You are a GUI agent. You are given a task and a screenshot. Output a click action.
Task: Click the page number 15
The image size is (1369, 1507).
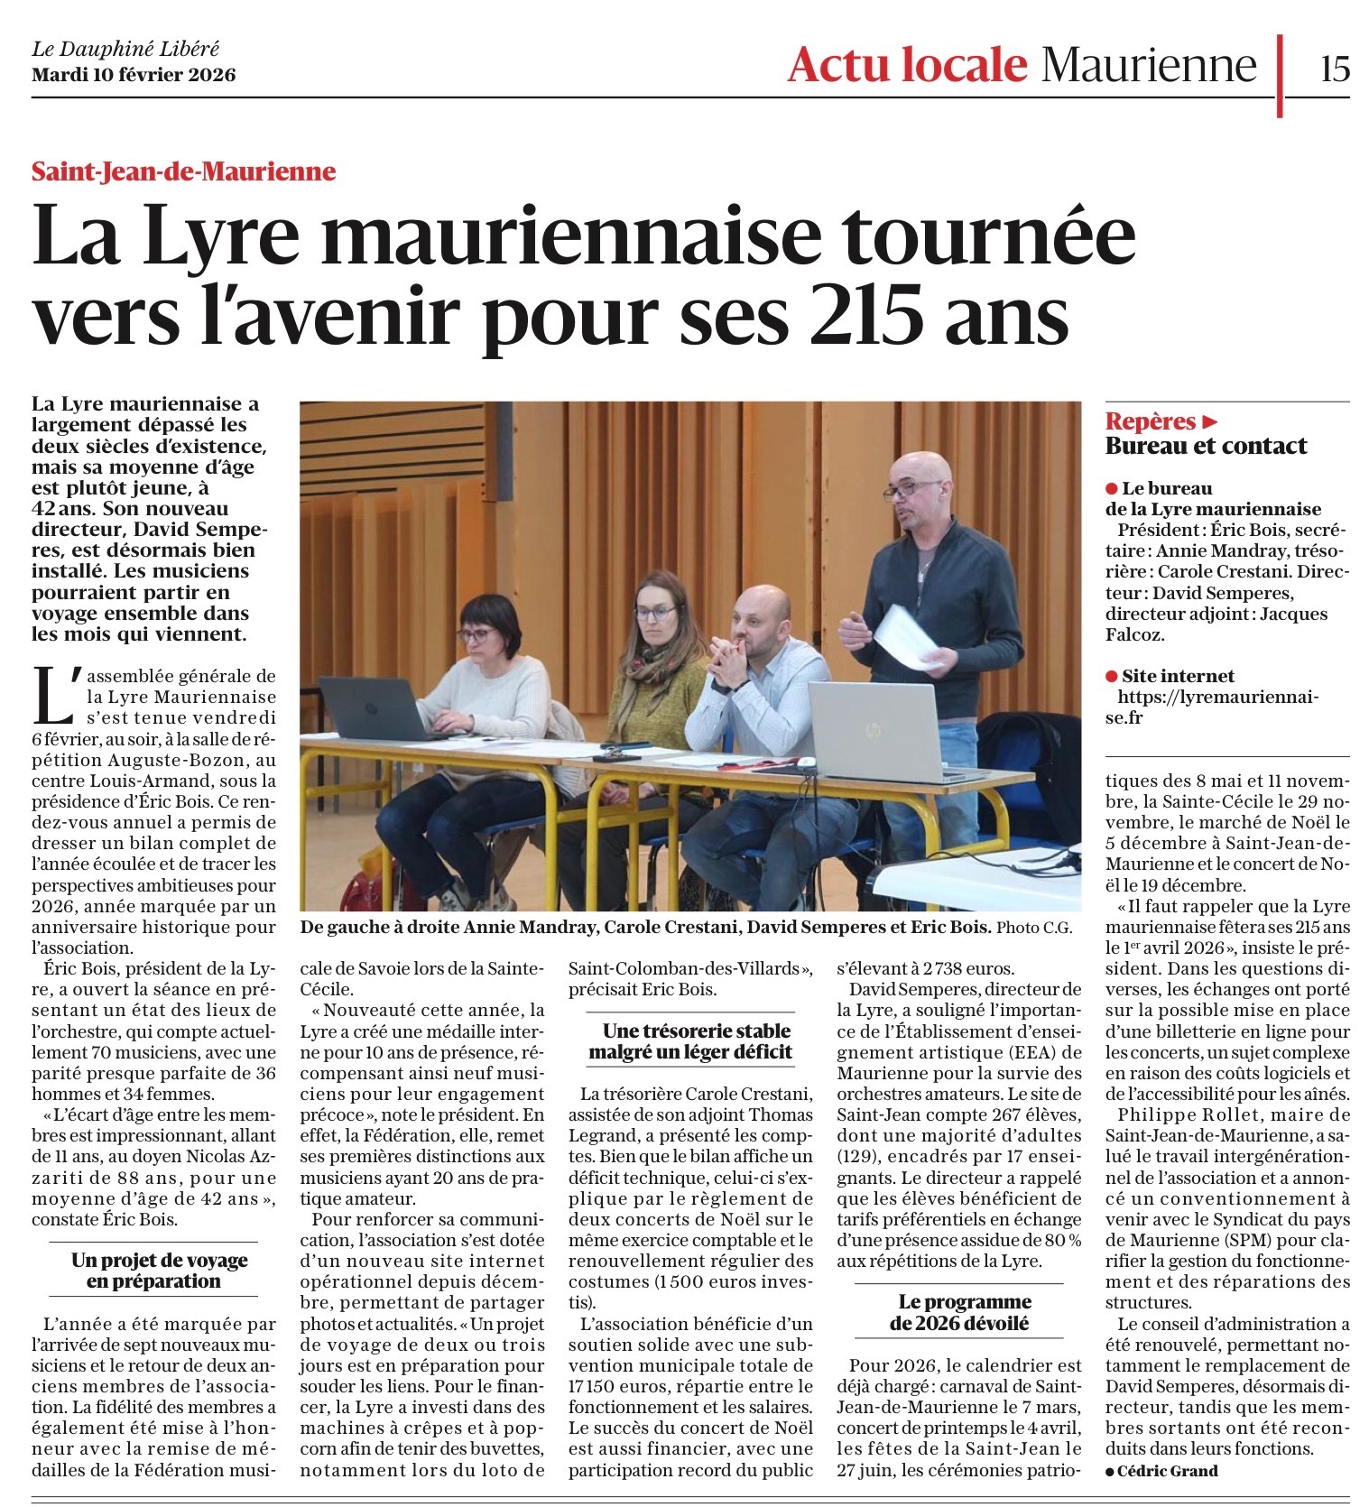[x=1334, y=67]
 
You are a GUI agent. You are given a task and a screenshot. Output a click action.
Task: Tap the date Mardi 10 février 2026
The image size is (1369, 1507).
[x=134, y=75]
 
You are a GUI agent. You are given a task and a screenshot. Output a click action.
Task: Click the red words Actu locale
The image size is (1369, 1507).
[x=906, y=64]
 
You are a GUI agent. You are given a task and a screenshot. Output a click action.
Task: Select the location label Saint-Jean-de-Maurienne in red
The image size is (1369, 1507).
[x=183, y=171]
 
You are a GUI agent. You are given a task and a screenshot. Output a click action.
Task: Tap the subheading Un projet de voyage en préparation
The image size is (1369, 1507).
[x=160, y=1271]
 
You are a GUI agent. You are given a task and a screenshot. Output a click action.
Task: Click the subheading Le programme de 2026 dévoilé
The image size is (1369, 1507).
[x=958, y=1312]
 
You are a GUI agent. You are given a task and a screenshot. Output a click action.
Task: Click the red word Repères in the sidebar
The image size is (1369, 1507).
[x=1151, y=421]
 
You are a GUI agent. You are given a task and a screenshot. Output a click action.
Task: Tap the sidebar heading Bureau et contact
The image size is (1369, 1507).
[x=1206, y=446]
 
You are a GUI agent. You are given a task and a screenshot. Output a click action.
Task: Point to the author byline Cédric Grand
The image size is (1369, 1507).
[x=1167, y=1471]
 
